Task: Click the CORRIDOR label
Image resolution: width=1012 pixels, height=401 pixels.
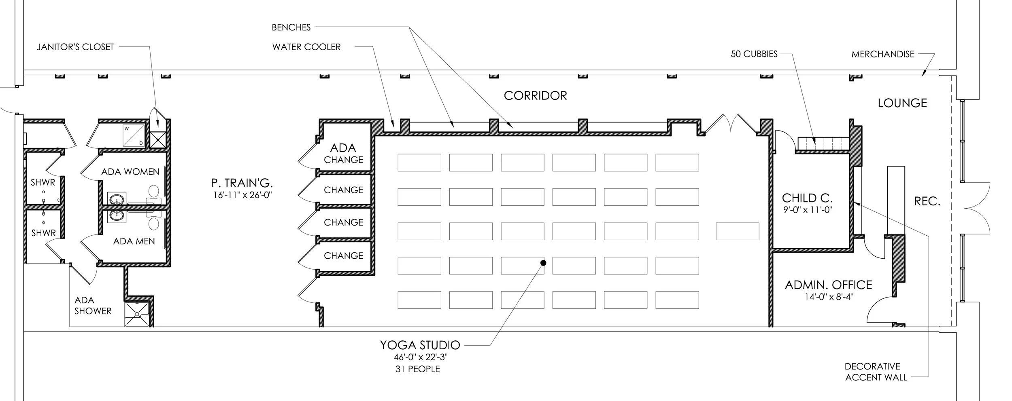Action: [535, 96]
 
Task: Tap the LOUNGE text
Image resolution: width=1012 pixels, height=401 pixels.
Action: [902, 103]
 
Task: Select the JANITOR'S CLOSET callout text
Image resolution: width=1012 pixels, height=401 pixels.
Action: [75, 47]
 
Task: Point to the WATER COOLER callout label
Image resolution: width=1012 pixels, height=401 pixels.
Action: [306, 47]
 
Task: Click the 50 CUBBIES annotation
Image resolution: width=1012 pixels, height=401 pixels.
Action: [754, 54]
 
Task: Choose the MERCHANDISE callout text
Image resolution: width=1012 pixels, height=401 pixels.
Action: [883, 54]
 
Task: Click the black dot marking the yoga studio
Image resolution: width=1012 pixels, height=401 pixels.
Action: [543, 263]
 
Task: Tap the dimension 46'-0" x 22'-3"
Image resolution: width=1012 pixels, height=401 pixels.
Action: [420, 357]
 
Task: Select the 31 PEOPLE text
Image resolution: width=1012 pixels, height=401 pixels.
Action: [417, 369]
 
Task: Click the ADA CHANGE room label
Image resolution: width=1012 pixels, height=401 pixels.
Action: [343, 153]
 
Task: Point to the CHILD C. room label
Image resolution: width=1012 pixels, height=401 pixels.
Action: [807, 198]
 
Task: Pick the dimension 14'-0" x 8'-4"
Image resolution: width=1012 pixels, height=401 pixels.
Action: [829, 297]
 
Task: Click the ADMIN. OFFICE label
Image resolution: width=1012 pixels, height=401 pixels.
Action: [828, 285]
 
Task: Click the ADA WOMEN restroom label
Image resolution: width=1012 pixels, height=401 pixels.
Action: [130, 172]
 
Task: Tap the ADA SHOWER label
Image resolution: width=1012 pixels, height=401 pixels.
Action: [93, 306]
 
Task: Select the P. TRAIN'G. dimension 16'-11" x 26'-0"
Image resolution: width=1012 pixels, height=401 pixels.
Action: [242, 195]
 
